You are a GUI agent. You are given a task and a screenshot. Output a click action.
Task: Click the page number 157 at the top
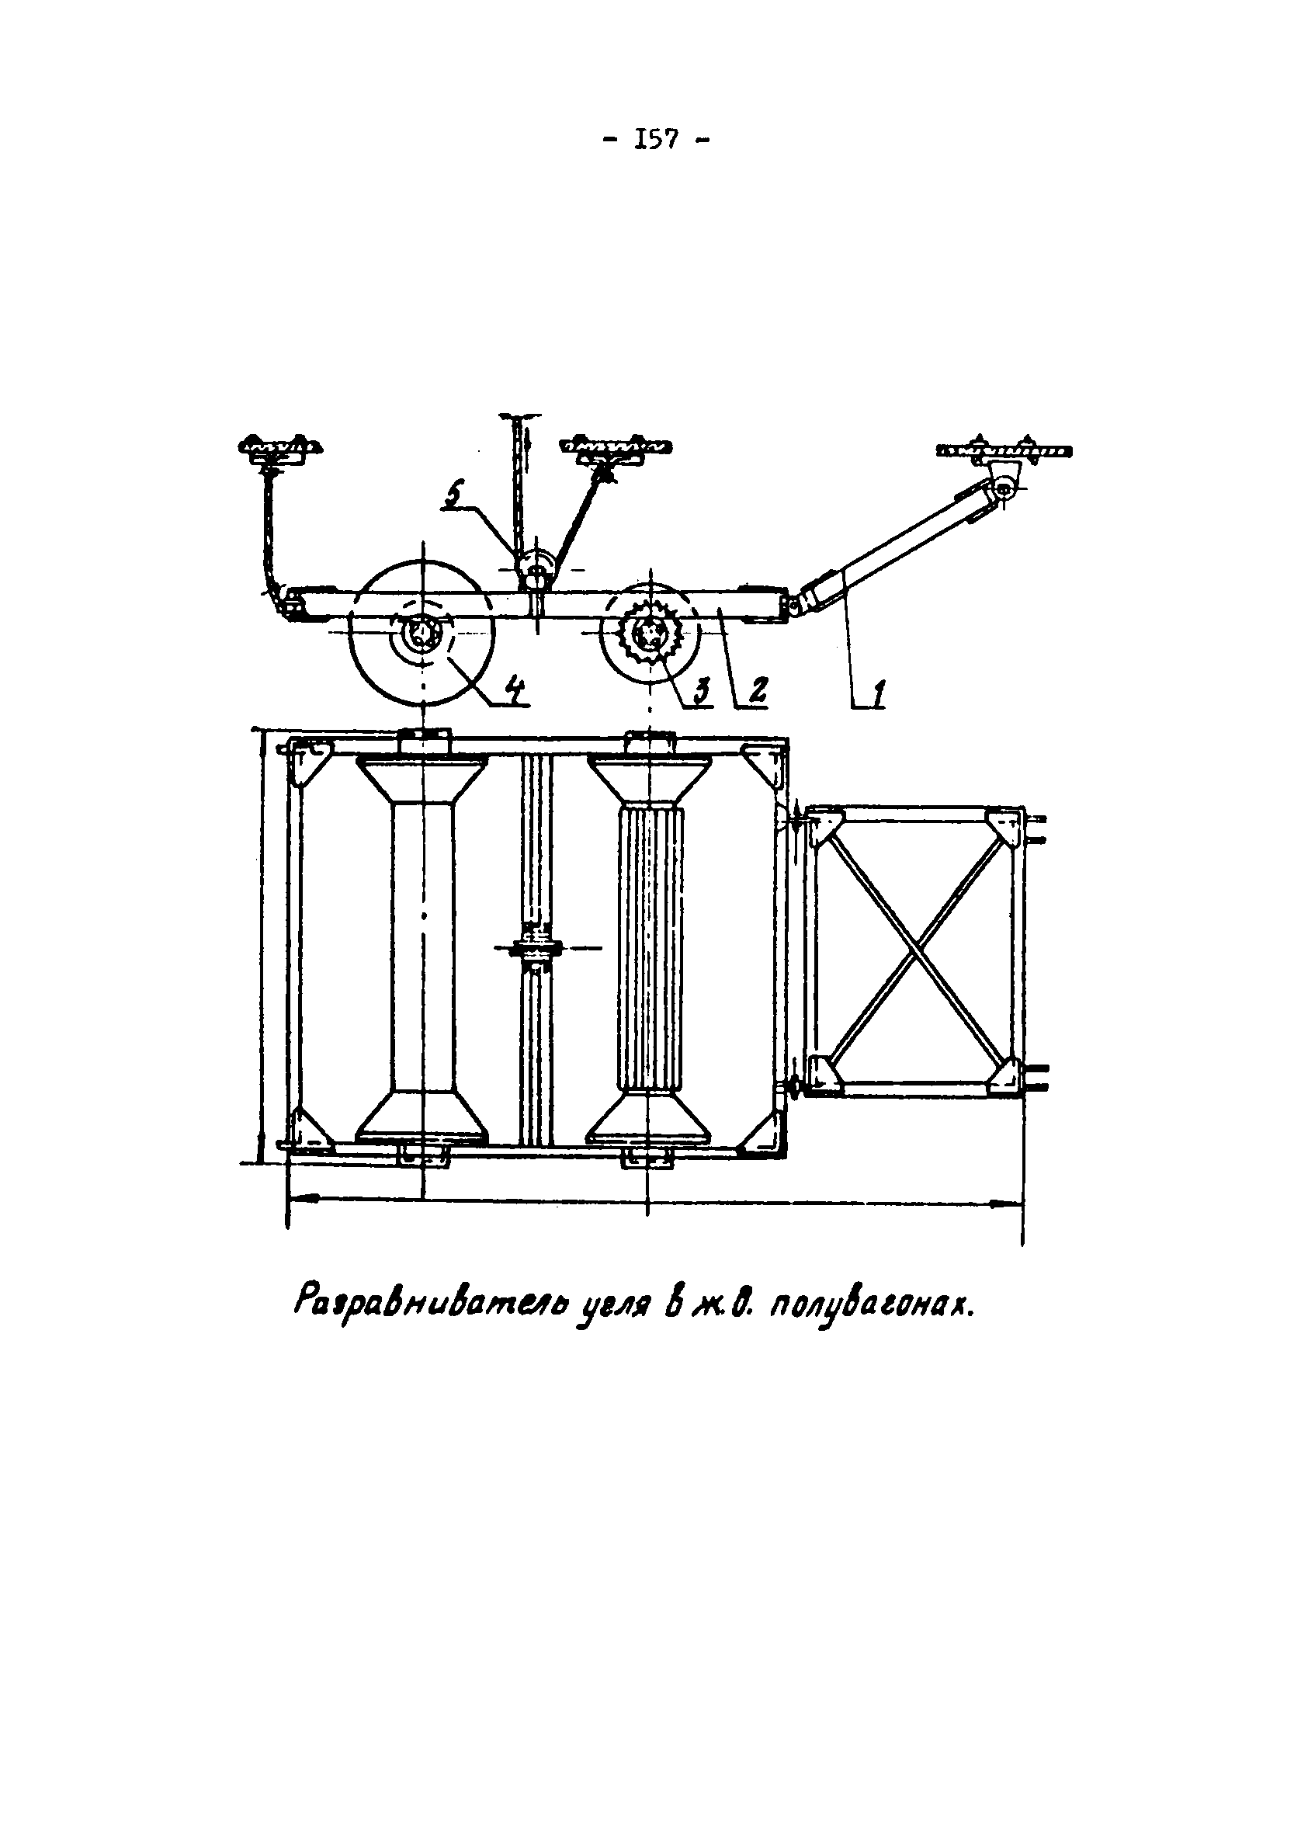pyautogui.click(x=655, y=141)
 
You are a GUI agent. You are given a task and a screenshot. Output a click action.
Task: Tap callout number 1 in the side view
pyautogui.click(x=878, y=690)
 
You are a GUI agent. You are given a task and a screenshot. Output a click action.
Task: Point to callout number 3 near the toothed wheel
pyautogui.click(x=703, y=689)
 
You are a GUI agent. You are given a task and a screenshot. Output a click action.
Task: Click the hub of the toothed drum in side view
pyautogui.click(x=647, y=635)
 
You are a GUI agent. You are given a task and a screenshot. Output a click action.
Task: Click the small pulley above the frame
pyautogui.click(x=534, y=566)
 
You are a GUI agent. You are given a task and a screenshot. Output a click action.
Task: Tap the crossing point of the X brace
pyautogui.click(x=916, y=950)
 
